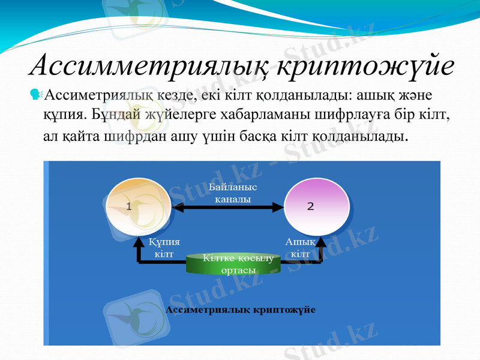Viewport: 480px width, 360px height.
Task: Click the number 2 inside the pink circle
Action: tap(310, 206)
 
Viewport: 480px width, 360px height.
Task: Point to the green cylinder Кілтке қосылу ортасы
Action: tap(238, 264)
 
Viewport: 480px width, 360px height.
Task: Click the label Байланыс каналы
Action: tap(233, 193)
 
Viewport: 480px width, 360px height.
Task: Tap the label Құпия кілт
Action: tap(164, 247)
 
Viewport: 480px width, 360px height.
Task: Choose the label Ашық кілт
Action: tap(300, 247)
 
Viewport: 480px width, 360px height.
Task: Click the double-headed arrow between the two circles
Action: tap(228, 208)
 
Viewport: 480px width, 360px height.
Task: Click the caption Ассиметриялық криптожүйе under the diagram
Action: tap(240, 310)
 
